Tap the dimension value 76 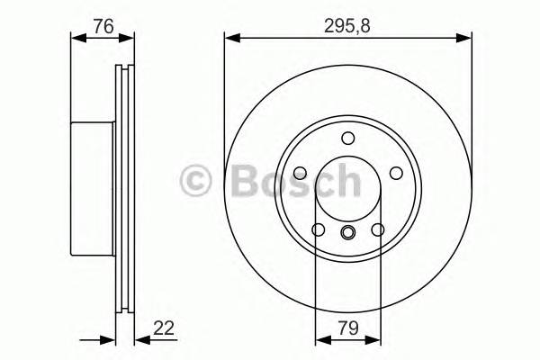point(103,26)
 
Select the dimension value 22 point(163,330)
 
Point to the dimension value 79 point(347,330)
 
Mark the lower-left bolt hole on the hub point(319,230)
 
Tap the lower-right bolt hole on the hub point(377,230)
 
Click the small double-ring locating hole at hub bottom point(347,235)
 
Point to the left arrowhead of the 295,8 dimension point(229,38)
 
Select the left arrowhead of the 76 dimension point(75,38)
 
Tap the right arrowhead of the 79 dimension point(376,341)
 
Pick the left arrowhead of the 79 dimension point(319,341)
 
